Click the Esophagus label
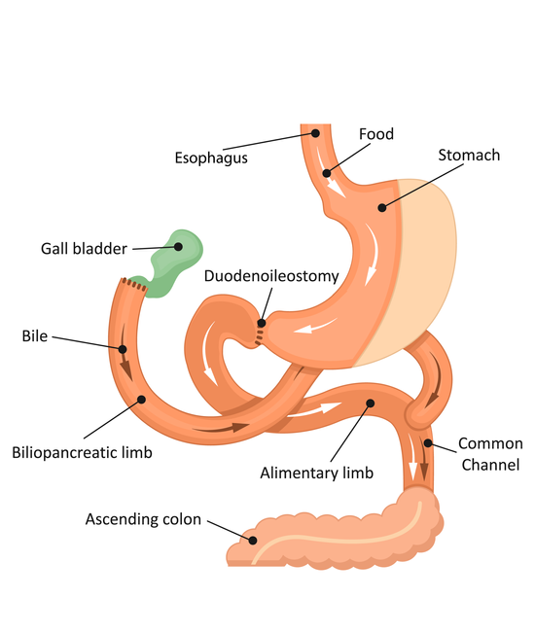[x=211, y=158]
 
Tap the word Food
[x=376, y=134]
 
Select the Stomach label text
[x=469, y=155]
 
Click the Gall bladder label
[x=84, y=248]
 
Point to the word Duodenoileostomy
[x=271, y=276]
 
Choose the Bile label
[x=35, y=335]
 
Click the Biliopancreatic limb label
[x=83, y=453]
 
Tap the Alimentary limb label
[x=316, y=473]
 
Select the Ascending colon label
[x=143, y=519]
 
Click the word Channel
[x=490, y=465]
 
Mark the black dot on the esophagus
[x=315, y=133]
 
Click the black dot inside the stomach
[x=382, y=207]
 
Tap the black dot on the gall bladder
[x=178, y=247]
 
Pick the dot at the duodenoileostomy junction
[x=262, y=323]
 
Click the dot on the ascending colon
[x=253, y=541]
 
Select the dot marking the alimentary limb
[x=371, y=404]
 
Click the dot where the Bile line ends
[x=123, y=349]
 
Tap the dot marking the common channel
[x=428, y=443]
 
